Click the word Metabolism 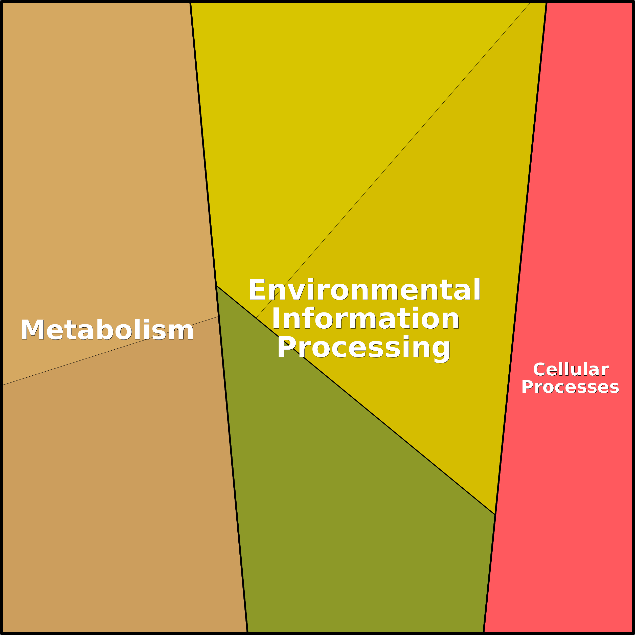(107, 330)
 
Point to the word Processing (364, 348)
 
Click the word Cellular (571, 370)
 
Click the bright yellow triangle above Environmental (329, 115)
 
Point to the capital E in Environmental (257, 289)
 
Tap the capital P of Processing (286, 347)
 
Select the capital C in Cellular (539, 370)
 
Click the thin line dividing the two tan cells (110, 350)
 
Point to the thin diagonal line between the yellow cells (393, 160)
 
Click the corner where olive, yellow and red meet (495, 514)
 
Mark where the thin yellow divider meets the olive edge (256, 318)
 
